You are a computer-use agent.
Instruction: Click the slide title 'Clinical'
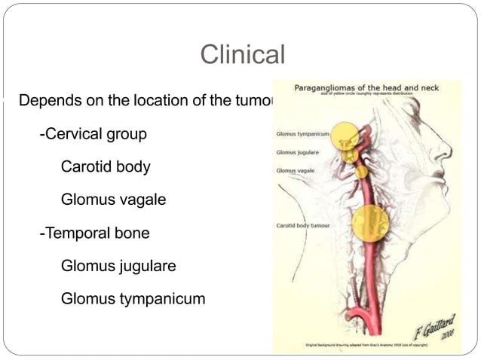click(242, 55)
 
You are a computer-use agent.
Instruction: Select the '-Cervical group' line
click(93, 134)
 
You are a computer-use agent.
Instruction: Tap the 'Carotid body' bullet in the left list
click(105, 167)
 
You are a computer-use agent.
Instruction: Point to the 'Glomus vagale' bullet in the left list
click(112, 200)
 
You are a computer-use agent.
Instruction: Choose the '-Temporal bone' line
click(94, 233)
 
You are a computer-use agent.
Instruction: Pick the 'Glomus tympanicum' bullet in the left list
click(133, 299)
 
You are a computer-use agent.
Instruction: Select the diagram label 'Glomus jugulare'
click(297, 152)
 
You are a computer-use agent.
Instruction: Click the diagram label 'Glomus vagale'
click(294, 171)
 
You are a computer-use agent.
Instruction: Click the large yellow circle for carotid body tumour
click(370, 222)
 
